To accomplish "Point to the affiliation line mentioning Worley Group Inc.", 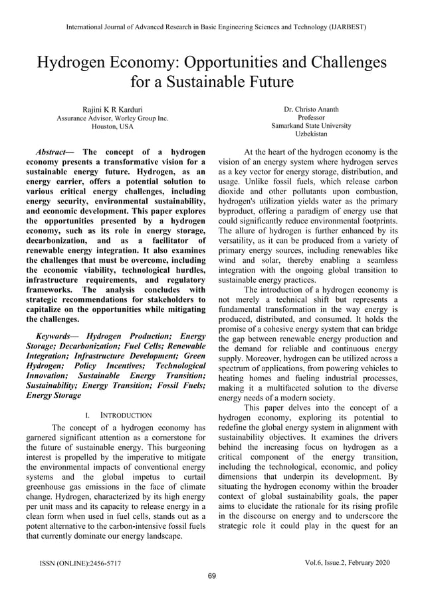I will [x=112, y=117].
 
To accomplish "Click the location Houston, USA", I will [x=112, y=126].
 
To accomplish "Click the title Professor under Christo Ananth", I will [x=311, y=117].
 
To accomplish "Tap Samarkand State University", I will [x=311, y=125].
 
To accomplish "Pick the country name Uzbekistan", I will [x=311, y=134].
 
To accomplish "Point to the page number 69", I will [x=212, y=576].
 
